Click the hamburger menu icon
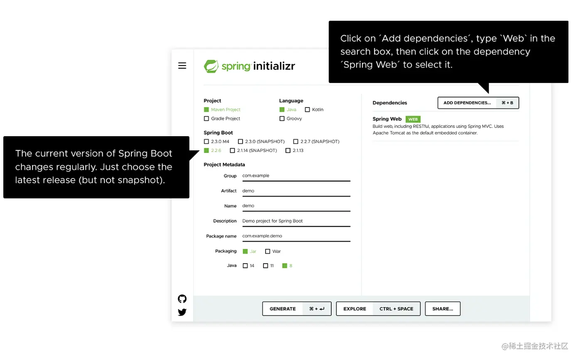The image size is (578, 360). [x=182, y=66]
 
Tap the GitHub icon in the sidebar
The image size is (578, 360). [x=182, y=299]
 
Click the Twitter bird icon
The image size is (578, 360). [x=182, y=312]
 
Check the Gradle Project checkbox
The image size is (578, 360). [x=207, y=119]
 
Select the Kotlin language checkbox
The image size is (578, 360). [x=307, y=110]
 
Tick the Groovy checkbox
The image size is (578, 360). [x=282, y=119]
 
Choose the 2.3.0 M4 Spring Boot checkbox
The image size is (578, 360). [x=207, y=142]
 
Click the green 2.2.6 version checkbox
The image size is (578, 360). [x=207, y=151]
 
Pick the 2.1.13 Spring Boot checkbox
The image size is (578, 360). [x=288, y=151]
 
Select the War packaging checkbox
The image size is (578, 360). [x=268, y=252]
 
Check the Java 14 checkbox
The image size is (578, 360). [x=246, y=266]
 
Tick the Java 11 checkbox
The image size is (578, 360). [x=266, y=266]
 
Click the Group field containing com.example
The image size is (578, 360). [x=296, y=176]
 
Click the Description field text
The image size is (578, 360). [x=273, y=221]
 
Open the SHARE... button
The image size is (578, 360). [x=443, y=309]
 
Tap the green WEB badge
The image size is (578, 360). [x=413, y=119]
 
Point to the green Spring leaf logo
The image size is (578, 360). [x=211, y=66]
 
